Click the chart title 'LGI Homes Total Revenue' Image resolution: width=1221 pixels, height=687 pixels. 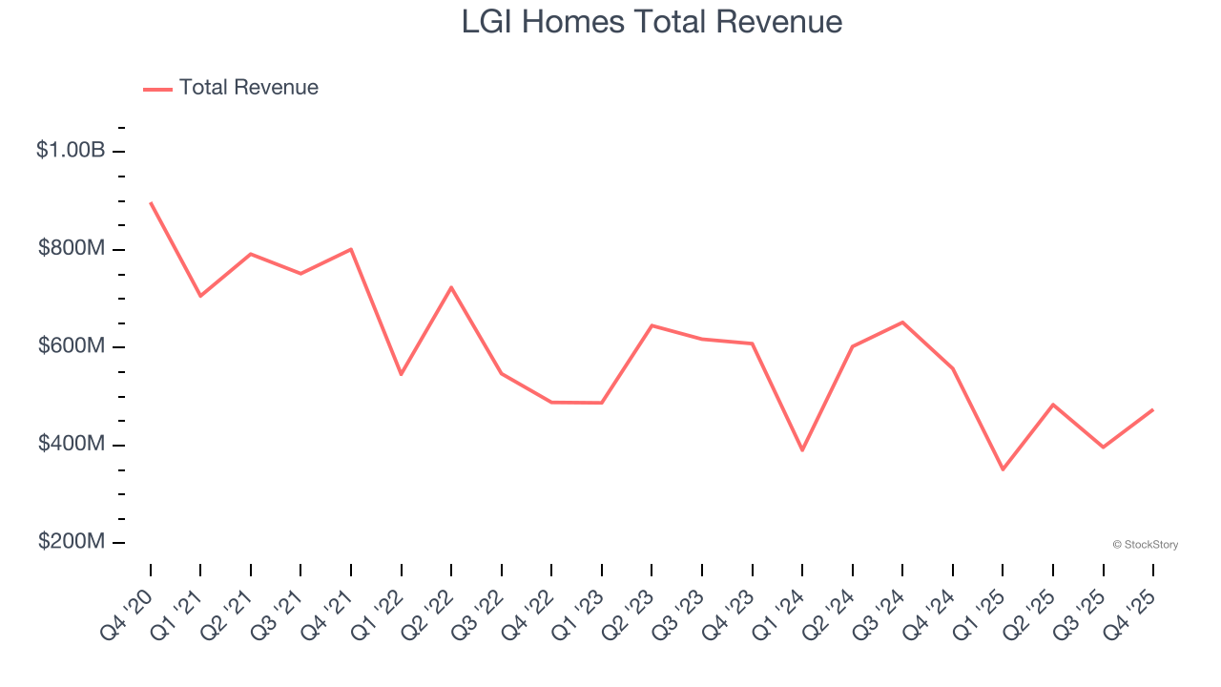652,22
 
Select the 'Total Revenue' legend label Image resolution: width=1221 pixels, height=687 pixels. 248,88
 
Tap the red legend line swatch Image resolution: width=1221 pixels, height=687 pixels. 157,89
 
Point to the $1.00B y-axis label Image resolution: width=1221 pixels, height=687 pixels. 71,150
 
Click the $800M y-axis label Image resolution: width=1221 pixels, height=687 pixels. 72,248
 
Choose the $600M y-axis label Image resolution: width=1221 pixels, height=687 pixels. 72,346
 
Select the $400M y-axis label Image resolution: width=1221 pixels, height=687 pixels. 72,444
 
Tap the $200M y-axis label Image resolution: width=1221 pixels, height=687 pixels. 72,542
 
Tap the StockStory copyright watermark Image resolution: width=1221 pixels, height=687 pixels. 1145,545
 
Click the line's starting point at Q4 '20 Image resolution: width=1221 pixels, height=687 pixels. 151,202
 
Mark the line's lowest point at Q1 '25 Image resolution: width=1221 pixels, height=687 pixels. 1003,469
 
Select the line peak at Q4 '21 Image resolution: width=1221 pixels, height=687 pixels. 351,249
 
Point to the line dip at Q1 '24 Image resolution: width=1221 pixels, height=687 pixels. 802,450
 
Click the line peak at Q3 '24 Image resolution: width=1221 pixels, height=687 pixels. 902,322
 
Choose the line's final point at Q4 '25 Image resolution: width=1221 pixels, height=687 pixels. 1153,409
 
